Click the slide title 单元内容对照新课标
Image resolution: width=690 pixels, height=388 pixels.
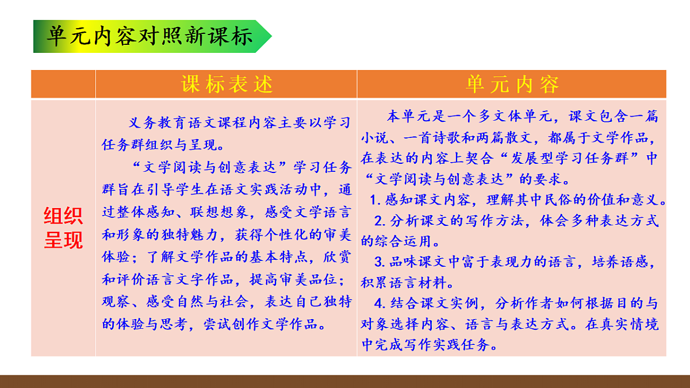(150, 36)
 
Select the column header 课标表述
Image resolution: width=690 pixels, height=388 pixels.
(227, 84)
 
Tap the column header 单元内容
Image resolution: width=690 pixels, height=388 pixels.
(512, 84)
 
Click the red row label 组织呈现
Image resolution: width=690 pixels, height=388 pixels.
(63, 228)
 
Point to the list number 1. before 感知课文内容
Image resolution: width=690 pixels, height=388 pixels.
(376, 201)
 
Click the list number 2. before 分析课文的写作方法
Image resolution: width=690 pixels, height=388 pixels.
(379, 221)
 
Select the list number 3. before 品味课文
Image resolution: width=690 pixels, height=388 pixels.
(379, 262)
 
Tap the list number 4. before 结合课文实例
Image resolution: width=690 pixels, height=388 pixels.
(379, 304)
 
